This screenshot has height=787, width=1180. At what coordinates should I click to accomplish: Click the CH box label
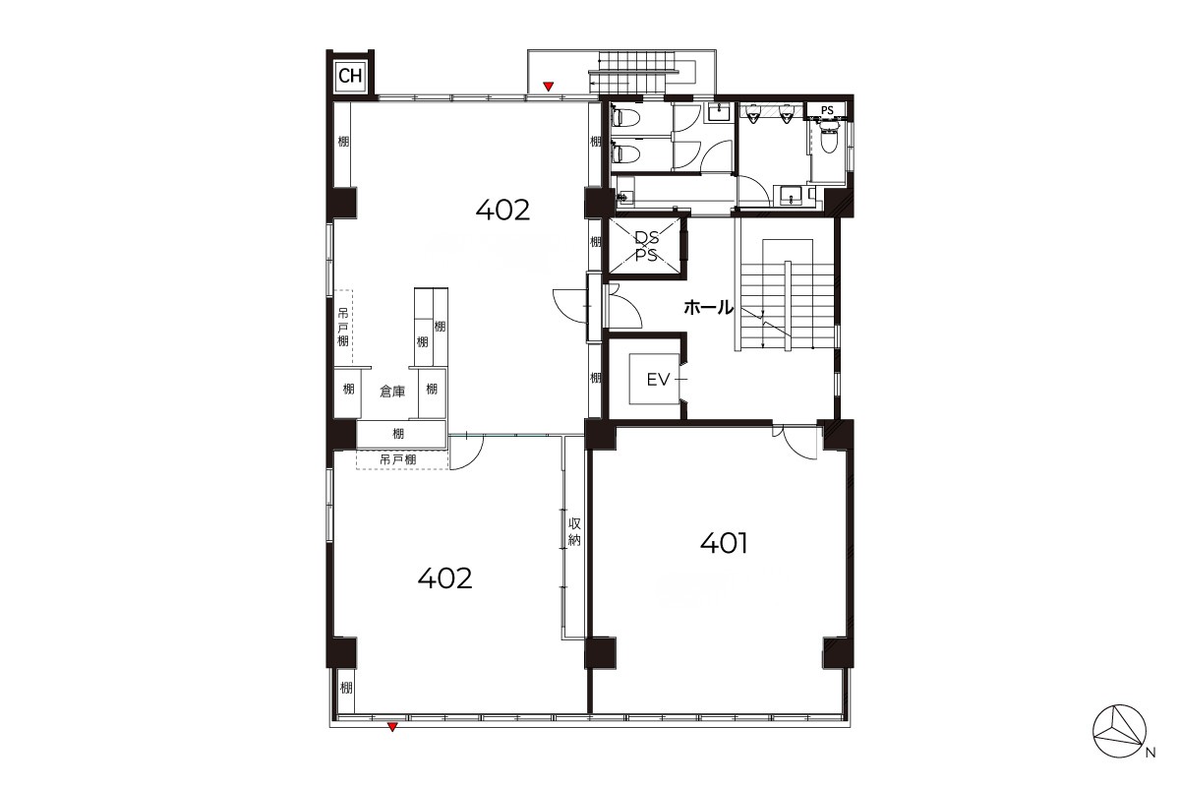[350, 76]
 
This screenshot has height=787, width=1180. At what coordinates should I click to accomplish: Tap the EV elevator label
[658, 379]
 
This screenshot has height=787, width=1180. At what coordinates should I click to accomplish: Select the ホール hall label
[709, 307]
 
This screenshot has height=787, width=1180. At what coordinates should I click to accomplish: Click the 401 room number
[724, 543]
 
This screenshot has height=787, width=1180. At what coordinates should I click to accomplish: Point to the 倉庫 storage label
[392, 392]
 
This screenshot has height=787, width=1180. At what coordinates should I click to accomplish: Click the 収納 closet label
[574, 532]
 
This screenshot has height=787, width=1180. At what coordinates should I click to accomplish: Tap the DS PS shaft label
[646, 246]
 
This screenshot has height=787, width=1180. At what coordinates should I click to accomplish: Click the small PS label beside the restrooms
[827, 111]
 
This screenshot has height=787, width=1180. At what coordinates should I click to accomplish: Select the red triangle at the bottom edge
[392, 727]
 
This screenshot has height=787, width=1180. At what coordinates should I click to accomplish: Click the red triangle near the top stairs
[549, 87]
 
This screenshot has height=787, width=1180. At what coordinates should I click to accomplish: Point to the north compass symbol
[1119, 731]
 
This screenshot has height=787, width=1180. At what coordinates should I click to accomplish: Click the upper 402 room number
[502, 211]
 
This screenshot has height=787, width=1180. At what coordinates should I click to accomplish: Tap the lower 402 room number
[444, 578]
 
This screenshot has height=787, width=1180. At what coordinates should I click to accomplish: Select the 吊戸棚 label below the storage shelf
[398, 459]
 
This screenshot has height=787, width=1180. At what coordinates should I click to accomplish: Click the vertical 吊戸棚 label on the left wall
[343, 328]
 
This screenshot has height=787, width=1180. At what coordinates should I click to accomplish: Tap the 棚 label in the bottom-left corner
[346, 688]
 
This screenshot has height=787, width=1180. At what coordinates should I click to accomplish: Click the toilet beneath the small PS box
[829, 139]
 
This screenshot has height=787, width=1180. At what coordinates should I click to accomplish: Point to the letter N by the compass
[1151, 753]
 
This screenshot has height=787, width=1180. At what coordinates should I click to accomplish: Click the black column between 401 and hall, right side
[838, 435]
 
